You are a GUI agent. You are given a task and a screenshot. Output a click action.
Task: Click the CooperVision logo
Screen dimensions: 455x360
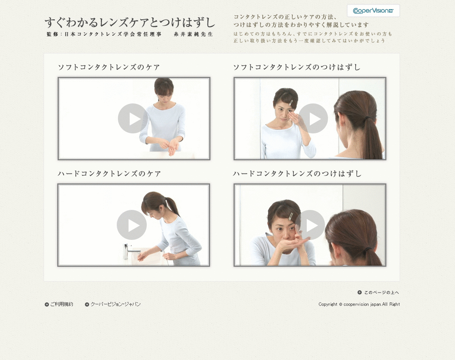pyautogui.click(x=373, y=11)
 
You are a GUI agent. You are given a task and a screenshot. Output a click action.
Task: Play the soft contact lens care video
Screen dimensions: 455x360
pyautogui.click(x=133, y=118)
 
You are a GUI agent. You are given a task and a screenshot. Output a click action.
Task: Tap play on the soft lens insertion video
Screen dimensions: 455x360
pyautogui.click(x=313, y=118)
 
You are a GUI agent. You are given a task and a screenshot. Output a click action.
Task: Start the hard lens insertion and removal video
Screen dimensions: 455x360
pyautogui.click(x=310, y=225)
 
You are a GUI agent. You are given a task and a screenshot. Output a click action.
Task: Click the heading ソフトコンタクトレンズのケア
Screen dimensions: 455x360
pyautogui.click(x=109, y=67)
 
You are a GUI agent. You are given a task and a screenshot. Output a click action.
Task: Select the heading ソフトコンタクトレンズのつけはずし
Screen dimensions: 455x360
pyautogui.click(x=297, y=67)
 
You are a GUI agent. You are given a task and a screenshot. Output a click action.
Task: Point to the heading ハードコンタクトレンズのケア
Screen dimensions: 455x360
pyautogui.click(x=109, y=174)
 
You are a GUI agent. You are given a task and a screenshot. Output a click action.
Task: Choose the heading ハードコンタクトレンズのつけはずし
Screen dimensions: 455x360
pyautogui.click(x=297, y=174)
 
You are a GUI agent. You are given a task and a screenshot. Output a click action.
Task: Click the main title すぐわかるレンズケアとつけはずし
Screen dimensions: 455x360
pyautogui.click(x=130, y=23)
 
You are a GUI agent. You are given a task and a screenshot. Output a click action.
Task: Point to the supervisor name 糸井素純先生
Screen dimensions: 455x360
pyautogui.click(x=193, y=34)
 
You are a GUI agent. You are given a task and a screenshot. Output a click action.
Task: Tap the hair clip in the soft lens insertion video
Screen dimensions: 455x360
pyautogui.click(x=291, y=103)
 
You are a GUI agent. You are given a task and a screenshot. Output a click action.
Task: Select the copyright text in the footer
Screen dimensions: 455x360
pyautogui.click(x=359, y=304)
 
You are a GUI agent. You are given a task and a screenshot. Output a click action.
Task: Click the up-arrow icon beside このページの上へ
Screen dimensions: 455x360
pyautogui.click(x=360, y=292)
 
